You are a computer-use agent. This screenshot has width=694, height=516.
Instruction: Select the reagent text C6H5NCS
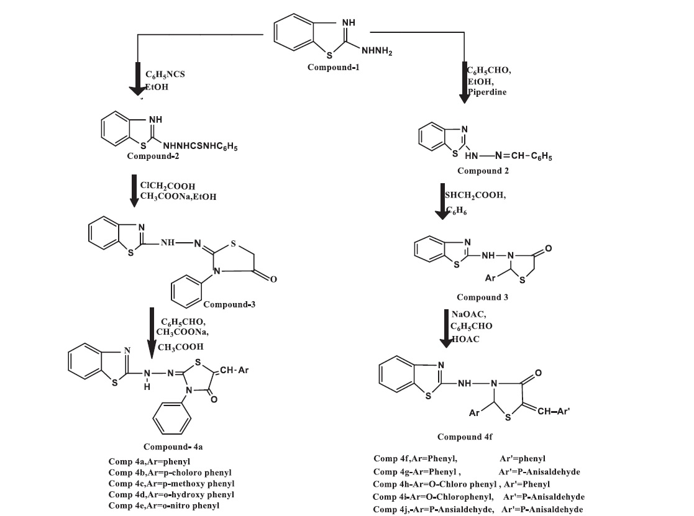pos(166,74)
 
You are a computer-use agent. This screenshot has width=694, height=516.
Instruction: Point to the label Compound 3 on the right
pos(482,297)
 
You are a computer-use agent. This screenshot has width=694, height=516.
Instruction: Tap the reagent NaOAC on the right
pos(474,316)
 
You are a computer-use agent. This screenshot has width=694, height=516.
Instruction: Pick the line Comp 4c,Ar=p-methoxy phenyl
pos(171,483)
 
